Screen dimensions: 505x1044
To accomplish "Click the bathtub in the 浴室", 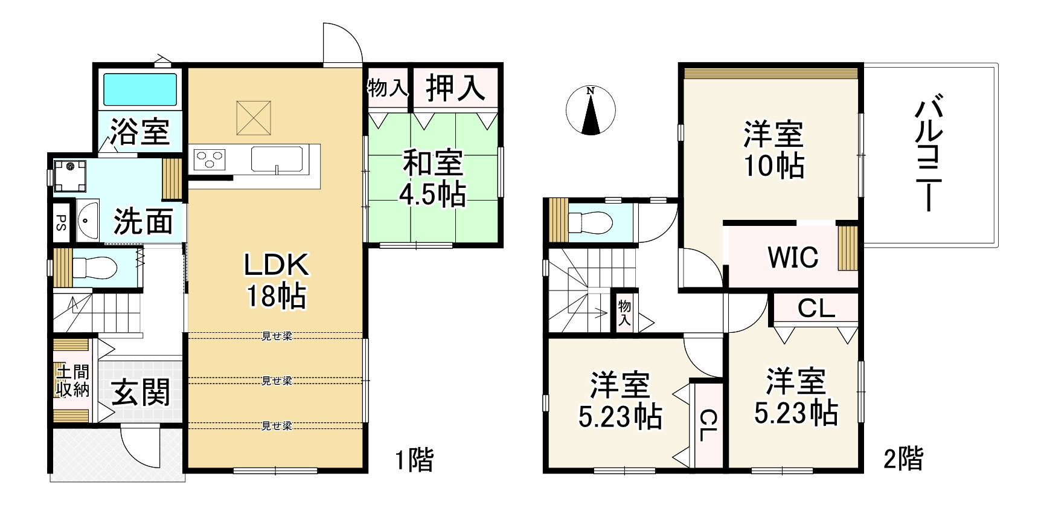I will click(x=141, y=90).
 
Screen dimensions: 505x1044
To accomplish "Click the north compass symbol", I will click(x=591, y=111).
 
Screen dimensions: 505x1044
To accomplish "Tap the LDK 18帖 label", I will click(x=277, y=280).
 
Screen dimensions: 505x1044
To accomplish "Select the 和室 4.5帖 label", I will click(x=432, y=179).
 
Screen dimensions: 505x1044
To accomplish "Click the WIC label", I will click(x=793, y=257).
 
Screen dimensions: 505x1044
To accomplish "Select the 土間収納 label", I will click(x=72, y=381).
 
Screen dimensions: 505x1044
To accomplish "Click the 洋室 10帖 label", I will click(x=773, y=150).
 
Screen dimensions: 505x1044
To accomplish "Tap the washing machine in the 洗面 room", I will click(x=69, y=175).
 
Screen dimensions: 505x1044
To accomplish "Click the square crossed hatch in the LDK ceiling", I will click(x=253, y=117).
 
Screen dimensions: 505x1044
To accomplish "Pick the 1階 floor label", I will click(x=415, y=460).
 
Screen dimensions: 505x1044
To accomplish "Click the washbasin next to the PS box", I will click(x=89, y=221).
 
